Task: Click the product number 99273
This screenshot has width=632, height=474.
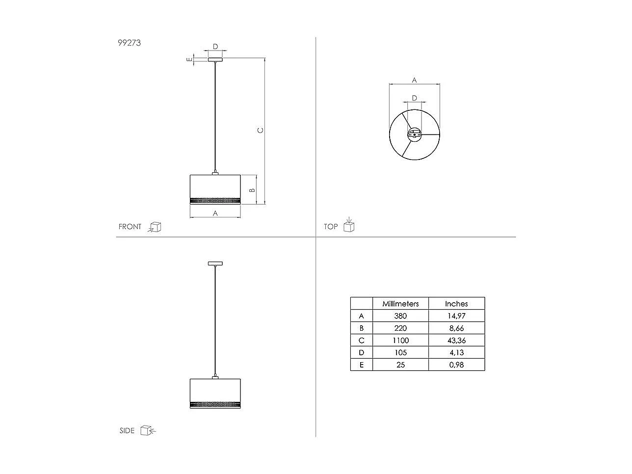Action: tap(129, 43)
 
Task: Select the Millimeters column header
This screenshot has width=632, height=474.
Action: tap(400, 304)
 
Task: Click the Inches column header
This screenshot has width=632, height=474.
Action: tap(456, 304)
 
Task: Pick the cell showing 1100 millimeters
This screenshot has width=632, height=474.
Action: tap(400, 341)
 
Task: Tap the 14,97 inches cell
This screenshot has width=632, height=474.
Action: tap(456, 316)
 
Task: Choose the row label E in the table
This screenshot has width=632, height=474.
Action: tap(362, 365)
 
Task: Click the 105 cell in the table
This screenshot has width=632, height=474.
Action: tap(400, 352)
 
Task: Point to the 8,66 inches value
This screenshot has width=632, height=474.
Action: tap(456, 328)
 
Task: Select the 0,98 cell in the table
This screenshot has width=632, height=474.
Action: tap(456, 365)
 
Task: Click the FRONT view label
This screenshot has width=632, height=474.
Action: tap(130, 227)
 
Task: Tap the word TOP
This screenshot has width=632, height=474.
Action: tap(331, 227)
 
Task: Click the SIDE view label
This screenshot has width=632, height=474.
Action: tap(127, 431)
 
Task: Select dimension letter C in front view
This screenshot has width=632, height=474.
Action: tap(261, 130)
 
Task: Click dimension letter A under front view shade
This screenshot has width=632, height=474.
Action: tap(215, 213)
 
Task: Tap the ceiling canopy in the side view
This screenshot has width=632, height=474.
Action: tap(215, 263)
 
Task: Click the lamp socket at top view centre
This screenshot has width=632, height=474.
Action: tap(415, 134)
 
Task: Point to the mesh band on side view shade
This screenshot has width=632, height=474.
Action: tap(215, 405)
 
